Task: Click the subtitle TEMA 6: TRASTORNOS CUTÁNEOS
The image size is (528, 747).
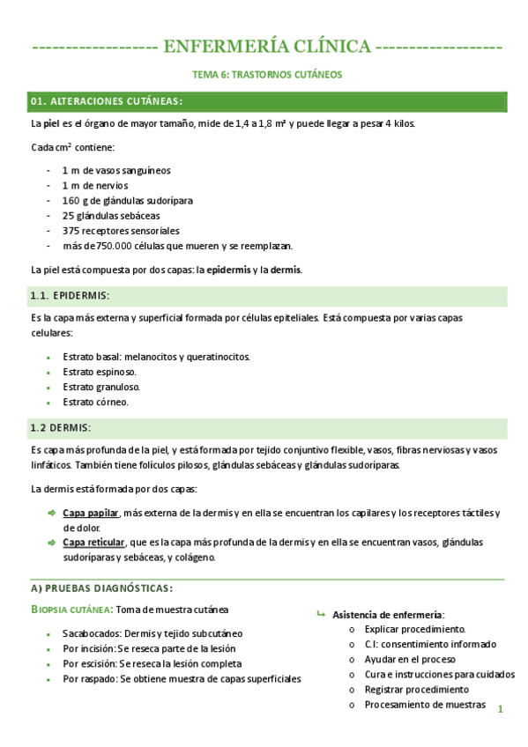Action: pos(267,75)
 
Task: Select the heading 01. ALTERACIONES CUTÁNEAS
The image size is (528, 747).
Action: pos(107,101)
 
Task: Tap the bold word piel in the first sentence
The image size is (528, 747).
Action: pos(50,123)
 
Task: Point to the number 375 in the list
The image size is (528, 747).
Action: pos(71,230)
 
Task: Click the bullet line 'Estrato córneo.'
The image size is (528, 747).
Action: pos(96,402)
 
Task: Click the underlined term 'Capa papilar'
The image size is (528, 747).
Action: pos(91,513)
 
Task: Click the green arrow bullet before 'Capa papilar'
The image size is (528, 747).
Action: pos(51,513)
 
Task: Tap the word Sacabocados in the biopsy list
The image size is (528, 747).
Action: pos(91,633)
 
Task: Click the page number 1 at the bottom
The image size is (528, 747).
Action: pos(499,708)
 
